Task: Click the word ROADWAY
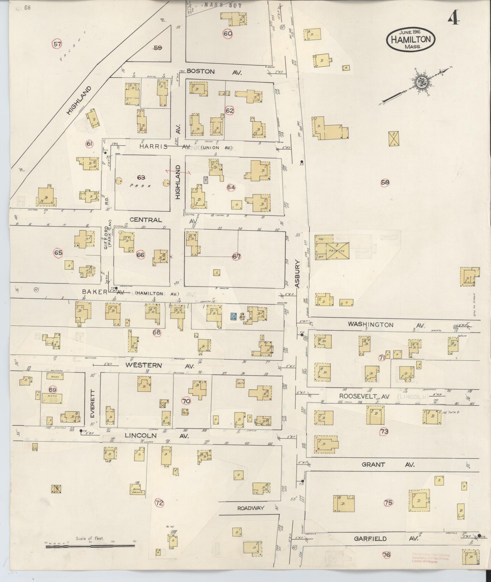tap(251, 508)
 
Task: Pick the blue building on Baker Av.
tap(234, 316)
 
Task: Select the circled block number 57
tap(57, 44)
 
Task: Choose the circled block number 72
tap(159, 503)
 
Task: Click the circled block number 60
tap(228, 33)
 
